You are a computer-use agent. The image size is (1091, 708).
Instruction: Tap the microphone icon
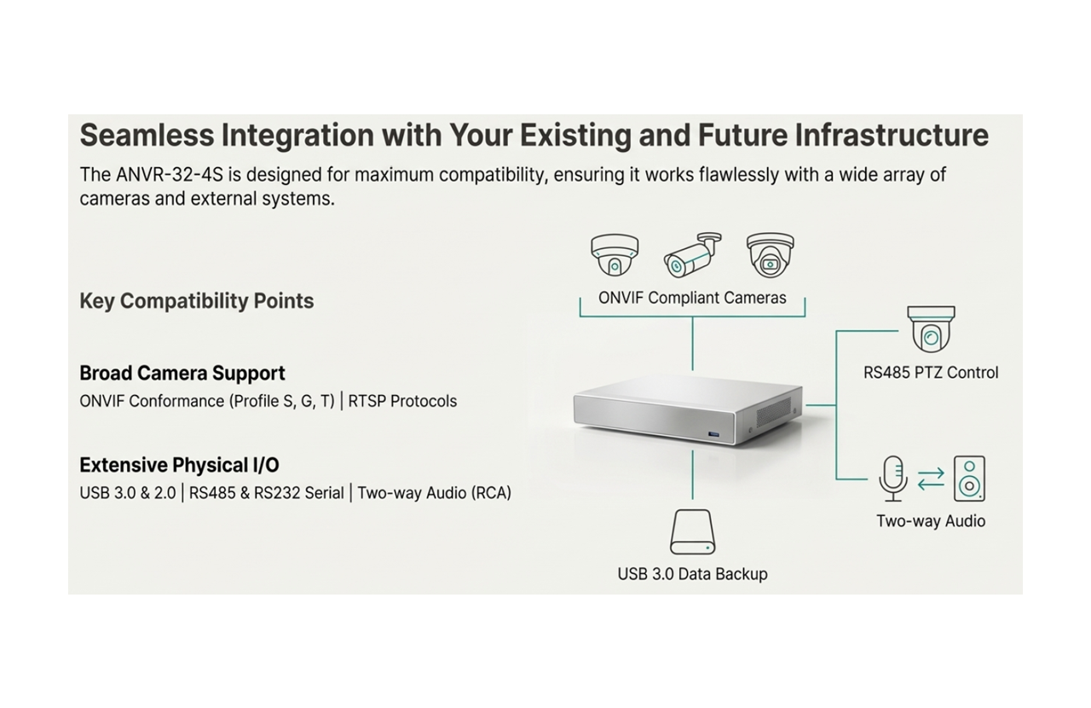892,478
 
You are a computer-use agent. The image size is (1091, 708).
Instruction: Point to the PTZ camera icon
931,328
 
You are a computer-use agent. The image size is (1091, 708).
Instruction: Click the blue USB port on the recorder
713,435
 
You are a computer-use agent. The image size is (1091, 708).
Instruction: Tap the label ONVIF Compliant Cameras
692,298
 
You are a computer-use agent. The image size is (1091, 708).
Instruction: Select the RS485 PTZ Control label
931,373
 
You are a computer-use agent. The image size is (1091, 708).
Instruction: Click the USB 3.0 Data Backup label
692,574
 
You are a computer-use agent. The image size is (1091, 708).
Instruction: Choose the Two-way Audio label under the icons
931,521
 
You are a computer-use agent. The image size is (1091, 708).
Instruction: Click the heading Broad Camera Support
182,373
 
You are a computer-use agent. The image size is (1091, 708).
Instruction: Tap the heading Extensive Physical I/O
179,465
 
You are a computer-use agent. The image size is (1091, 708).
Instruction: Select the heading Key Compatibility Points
196,301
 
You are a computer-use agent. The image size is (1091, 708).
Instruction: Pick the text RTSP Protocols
403,401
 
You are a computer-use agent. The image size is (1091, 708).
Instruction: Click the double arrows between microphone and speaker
931,478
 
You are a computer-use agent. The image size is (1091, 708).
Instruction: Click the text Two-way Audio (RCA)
434,493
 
